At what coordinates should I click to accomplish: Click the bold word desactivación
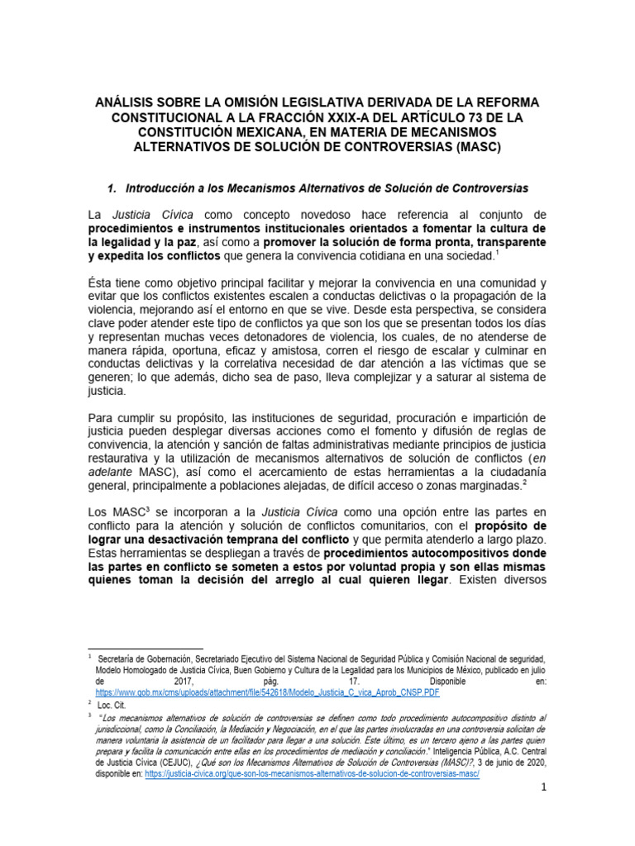218,540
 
